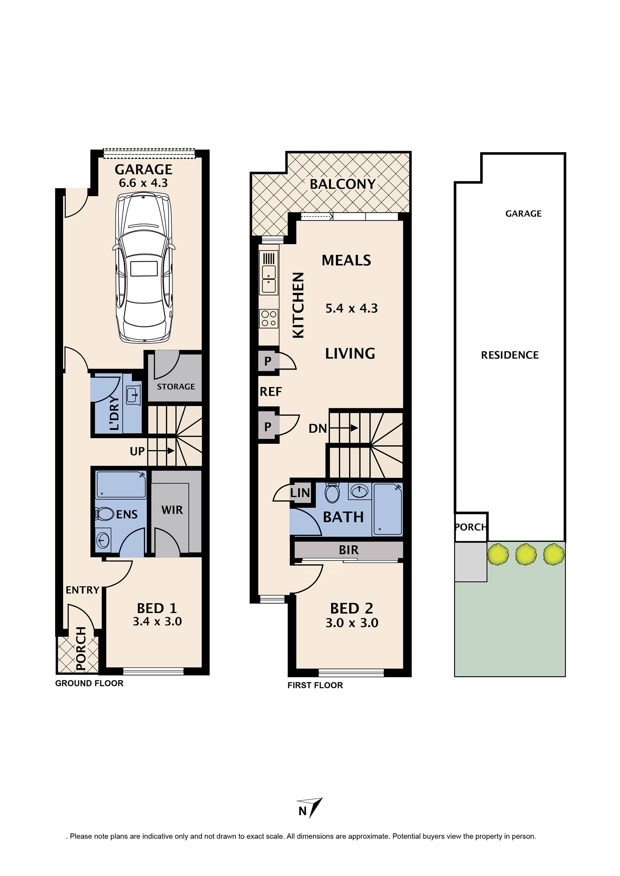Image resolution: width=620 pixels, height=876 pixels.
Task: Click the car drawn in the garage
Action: coord(144,267)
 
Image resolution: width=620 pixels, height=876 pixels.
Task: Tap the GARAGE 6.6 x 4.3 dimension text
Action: coord(144,183)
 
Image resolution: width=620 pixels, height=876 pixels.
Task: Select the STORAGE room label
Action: coord(176,387)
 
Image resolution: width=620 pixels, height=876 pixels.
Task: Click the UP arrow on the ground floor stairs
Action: coord(161,451)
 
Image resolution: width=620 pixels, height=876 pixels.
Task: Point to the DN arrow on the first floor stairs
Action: coord(344,428)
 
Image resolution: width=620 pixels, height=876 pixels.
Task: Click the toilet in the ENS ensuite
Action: coord(105,514)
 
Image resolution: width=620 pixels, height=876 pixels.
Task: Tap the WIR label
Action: coord(172,510)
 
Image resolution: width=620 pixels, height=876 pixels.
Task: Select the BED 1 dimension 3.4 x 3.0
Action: coord(157,622)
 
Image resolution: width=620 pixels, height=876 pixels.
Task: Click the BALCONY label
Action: coord(342,184)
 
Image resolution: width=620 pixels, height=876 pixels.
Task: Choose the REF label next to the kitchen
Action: coord(270,391)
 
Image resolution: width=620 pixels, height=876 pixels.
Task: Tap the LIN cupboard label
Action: coord(300,493)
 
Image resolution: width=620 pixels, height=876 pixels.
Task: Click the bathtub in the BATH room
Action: coord(387,509)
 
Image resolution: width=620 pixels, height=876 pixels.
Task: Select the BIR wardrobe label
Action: coord(349,550)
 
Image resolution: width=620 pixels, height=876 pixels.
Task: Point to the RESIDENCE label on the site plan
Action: coord(509,355)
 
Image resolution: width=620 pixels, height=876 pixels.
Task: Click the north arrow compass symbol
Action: coord(311,807)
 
